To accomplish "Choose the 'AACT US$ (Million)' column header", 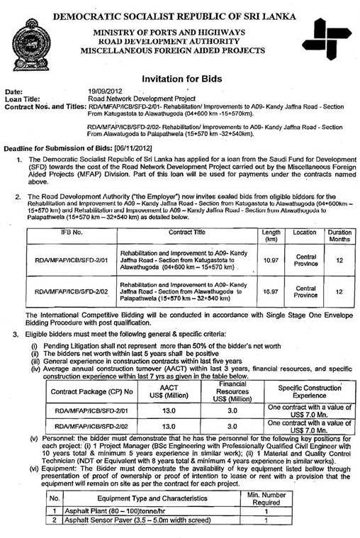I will click(168, 392).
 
